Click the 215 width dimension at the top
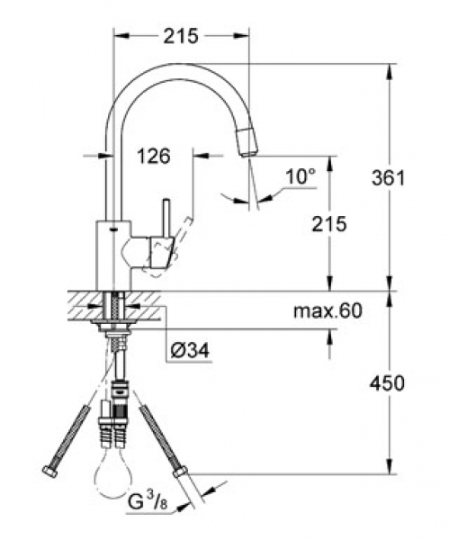(x=181, y=36)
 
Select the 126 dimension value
(x=154, y=157)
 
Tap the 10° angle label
(x=301, y=176)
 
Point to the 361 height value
(x=389, y=178)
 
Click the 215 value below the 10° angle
(x=329, y=224)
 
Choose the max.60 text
(x=328, y=310)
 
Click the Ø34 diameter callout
(x=190, y=351)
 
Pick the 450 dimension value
(x=387, y=383)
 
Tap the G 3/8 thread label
(x=148, y=503)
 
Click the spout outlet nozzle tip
(x=247, y=141)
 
